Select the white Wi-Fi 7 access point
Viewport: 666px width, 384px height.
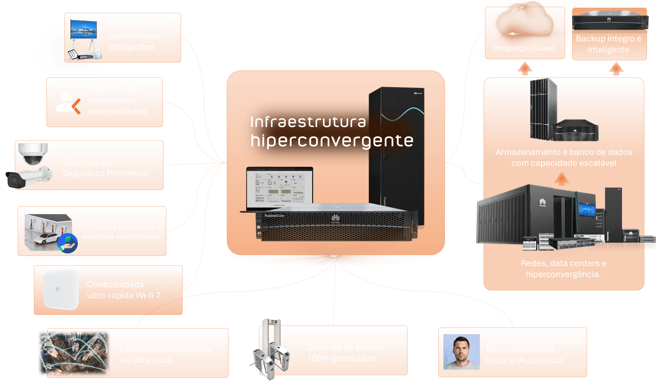click(x=61, y=289)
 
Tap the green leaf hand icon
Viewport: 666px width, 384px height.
click(x=68, y=243)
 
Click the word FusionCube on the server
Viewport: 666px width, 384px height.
click(x=274, y=216)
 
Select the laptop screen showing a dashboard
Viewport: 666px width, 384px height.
click(x=280, y=188)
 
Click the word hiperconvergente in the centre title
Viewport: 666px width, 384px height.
click(x=332, y=141)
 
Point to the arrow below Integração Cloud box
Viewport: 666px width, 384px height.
click(x=525, y=68)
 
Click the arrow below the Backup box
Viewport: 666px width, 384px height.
click(x=616, y=69)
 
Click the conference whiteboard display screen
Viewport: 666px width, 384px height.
click(x=84, y=30)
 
